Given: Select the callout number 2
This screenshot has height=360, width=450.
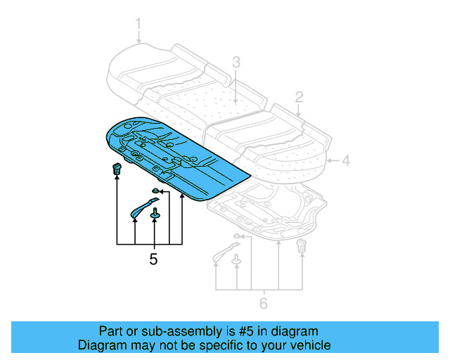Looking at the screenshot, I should click(299, 96).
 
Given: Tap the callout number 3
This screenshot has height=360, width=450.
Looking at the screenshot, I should click(236, 63).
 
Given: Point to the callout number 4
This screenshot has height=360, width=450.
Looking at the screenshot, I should click(345, 160).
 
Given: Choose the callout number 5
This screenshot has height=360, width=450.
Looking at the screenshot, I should click(153, 259).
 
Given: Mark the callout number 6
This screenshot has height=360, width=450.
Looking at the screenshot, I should click(264, 304).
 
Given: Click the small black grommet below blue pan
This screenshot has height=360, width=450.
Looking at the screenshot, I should click(155, 191).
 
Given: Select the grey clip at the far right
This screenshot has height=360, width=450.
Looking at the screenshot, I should click(302, 246).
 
